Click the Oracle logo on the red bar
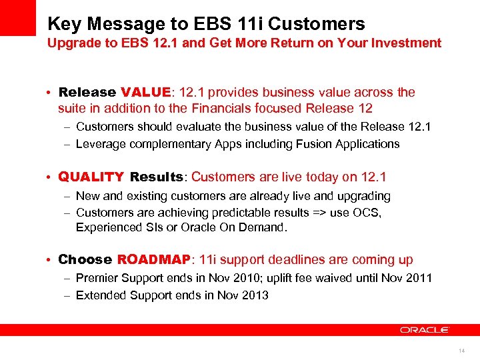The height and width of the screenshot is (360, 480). pyautogui.click(x=425, y=330)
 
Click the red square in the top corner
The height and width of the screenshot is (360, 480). pyautogui.click(x=18, y=17)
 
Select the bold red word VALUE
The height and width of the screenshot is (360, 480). pyautogui.click(x=144, y=92)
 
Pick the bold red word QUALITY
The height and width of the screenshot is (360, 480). pyautogui.click(x=91, y=177)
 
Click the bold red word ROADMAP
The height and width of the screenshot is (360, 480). pyautogui.click(x=154, y=260)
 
